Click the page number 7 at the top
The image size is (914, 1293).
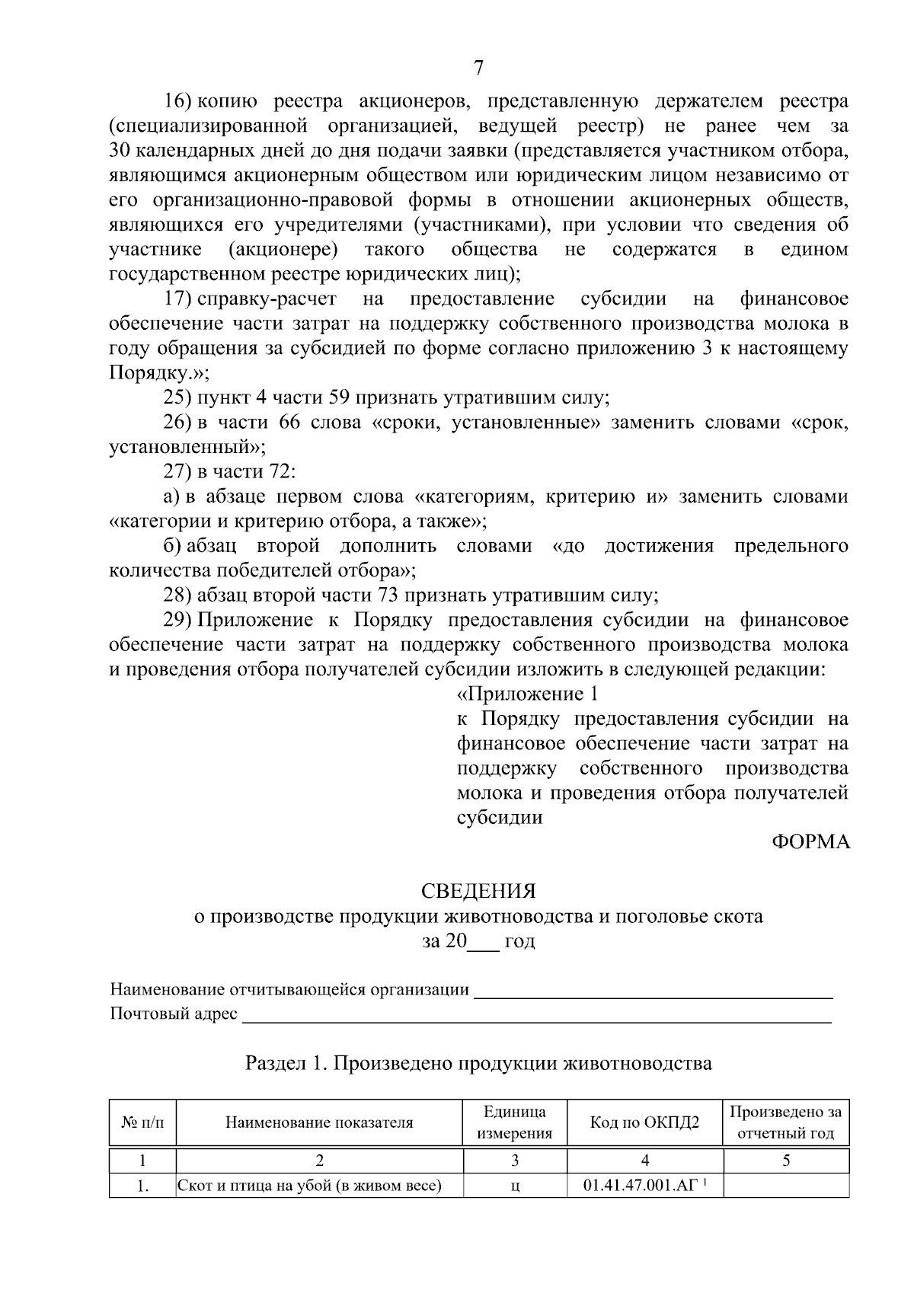[478, 69]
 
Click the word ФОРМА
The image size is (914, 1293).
[810, 842]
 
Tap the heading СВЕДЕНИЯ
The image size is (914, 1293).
[478, 891]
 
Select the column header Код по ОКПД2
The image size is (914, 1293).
[644, 1122]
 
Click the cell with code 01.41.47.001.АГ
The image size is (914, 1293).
[644, 1186]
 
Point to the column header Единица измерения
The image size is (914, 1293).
[514, 1122]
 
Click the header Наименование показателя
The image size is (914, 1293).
[319, 1122]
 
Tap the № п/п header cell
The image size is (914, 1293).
[142, 1122]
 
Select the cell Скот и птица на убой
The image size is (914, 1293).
[310, 1186]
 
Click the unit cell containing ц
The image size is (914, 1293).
[515, 1186]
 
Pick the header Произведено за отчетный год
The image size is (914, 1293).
[785, 1122]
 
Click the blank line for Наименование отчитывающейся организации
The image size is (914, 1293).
[653, 994]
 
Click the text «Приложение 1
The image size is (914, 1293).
[527, 694]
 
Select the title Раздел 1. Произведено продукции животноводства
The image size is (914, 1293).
[478, 1063]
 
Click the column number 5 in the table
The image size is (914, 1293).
[786, 1161]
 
